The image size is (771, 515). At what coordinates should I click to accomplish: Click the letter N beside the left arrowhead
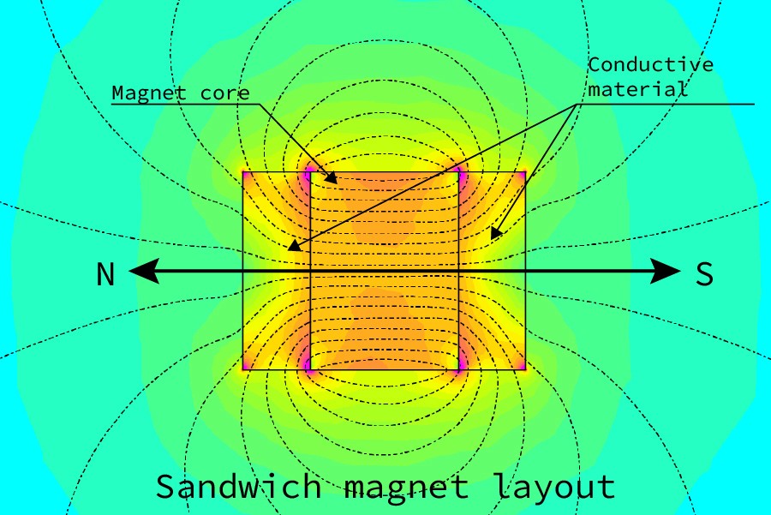[105, 274]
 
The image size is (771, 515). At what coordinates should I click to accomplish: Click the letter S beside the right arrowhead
[704, 274]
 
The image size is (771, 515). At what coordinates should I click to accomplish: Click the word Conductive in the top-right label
[651, 65]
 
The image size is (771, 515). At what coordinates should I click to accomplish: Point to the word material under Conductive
[637, 88]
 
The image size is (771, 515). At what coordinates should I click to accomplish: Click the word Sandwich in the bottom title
[238, 486]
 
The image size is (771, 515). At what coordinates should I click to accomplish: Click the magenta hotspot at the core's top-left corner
[309, 172]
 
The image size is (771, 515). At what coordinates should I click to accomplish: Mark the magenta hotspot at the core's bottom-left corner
[308, 367]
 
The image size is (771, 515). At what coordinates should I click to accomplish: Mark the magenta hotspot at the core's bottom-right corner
[460, 366]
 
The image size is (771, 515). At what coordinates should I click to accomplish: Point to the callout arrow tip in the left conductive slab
[290, 249]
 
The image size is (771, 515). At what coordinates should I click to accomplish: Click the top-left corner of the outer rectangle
[243, 172]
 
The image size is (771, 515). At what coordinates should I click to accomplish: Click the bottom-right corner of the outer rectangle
[525, 369]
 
